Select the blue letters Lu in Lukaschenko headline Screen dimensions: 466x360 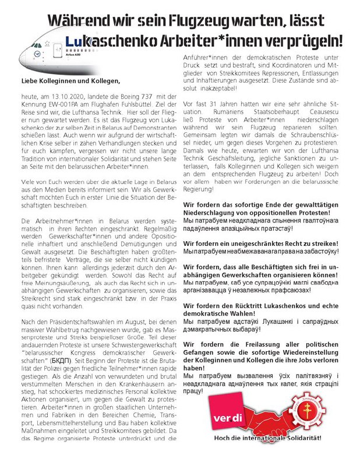coord(74,41)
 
